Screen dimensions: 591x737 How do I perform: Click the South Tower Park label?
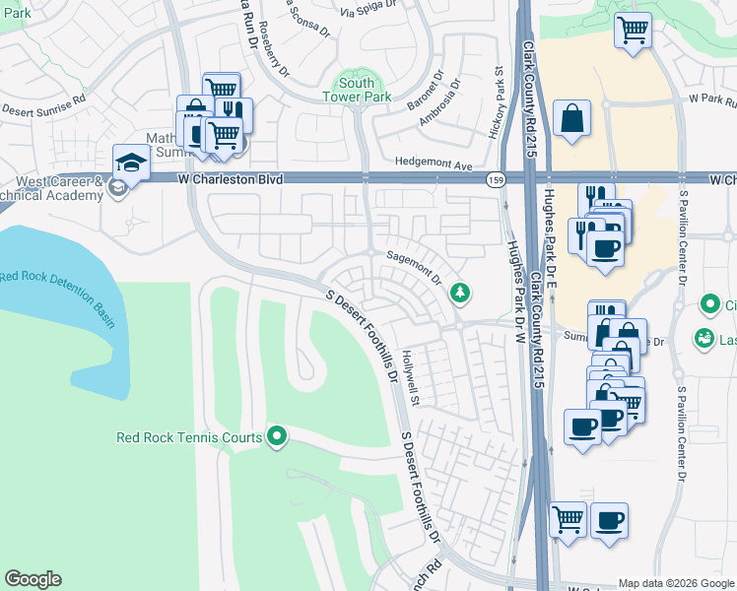pyautogui.click(x=357, y=90)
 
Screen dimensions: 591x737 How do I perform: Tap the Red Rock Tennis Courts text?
pyautogui.click(x=189, y=437)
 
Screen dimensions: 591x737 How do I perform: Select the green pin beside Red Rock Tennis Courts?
pyautogui.click(x=277, y=435)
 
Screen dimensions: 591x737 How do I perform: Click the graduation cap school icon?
pyautogui.click(x=130, y=161)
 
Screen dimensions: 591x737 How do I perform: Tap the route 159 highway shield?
pyautogui.click(x=497, y=179)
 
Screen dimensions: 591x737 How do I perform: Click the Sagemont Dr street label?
pyautogui.click(x=415, y=267)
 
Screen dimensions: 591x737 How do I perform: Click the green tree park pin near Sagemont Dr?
pyautogui.click(x=459, y=293)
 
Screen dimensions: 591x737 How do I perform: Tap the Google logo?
pyautogui.click(x=33, y=579)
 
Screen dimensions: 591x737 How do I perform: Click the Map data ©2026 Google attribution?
pyautogui.click(x=676, y=583)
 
